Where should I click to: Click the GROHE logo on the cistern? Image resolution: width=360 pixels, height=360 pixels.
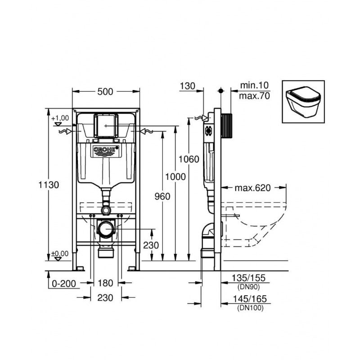[x=107, y=150]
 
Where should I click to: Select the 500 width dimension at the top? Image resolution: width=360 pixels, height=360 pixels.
[x=105, y=91]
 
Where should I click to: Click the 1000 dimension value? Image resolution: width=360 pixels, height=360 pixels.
[x=175, y=177]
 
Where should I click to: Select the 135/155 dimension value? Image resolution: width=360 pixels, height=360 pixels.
[x=250, y=278]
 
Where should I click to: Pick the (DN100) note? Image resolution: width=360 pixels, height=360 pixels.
[x=250, y=308]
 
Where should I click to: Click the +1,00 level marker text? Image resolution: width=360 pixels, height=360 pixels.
[x=60, y=118]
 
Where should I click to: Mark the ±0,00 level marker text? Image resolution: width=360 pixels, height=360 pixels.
[x=60, y=254]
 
